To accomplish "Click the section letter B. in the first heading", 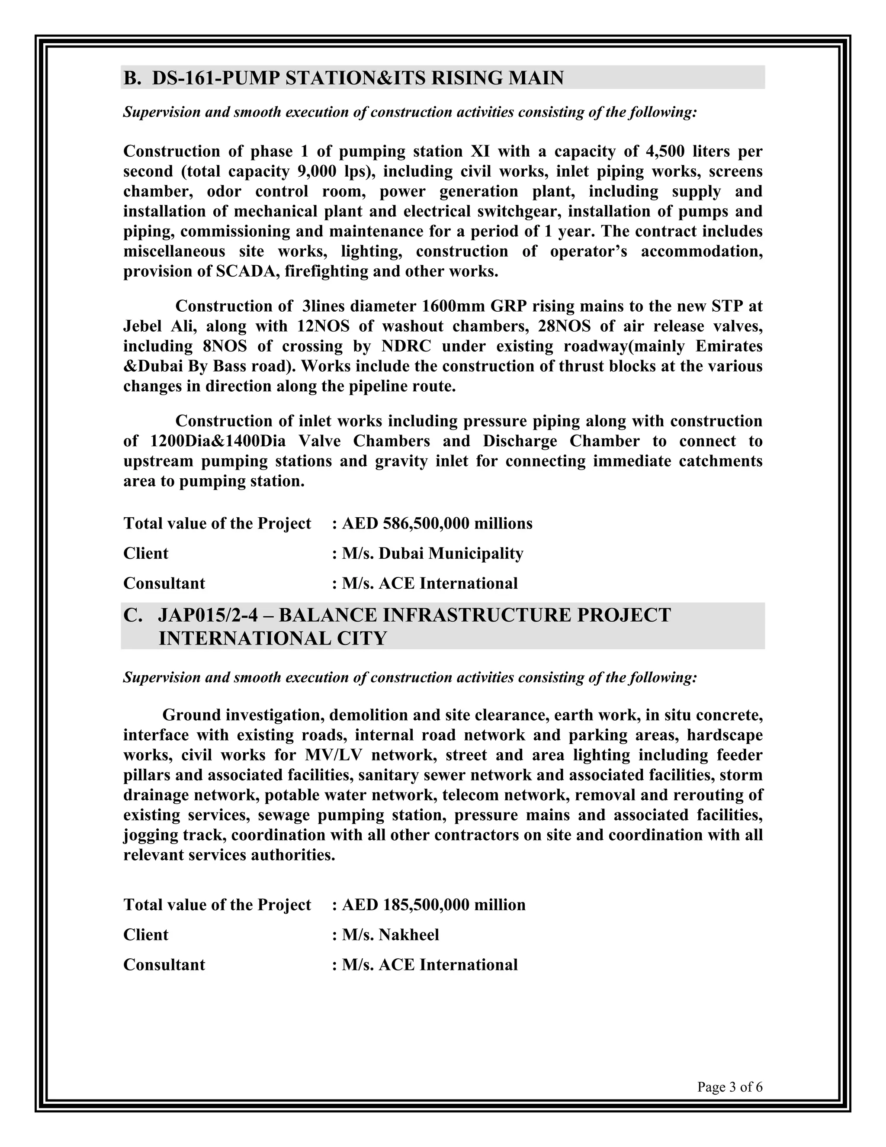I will [x=132, y=78].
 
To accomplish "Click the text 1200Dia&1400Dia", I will [x=218, y=441].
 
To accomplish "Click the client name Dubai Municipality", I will [x=451, y=553].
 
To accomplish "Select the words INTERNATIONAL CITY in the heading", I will [x=273, y=638].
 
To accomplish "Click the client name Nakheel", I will [x=408, y=934].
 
